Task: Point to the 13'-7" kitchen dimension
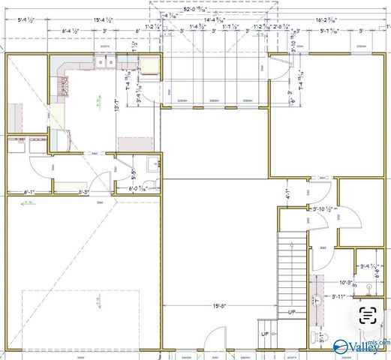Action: [x=116, y=107]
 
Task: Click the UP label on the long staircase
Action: [x=290, y=311]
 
